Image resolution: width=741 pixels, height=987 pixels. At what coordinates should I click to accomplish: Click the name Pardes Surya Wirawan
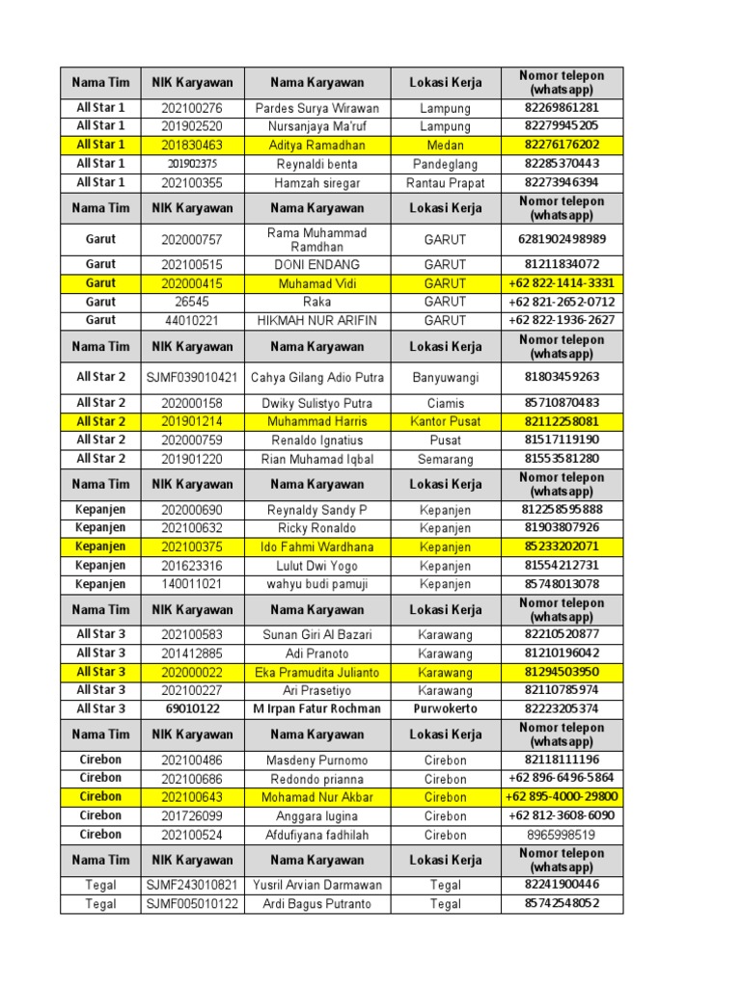317,108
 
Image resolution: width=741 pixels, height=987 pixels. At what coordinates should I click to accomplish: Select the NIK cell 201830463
191,145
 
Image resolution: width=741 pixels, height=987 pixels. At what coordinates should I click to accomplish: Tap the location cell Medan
446,145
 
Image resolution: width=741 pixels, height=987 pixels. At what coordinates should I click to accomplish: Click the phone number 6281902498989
562,239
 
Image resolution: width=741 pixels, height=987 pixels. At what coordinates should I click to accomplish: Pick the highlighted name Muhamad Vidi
317,283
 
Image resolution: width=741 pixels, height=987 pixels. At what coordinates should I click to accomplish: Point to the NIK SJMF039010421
191,378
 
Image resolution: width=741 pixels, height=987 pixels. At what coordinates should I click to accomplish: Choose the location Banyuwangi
446,378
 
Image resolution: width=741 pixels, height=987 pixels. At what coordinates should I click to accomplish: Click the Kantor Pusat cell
446,421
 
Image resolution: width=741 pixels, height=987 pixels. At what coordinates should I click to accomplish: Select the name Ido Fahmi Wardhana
317,547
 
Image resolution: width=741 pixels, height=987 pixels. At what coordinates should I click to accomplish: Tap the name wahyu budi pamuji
317,584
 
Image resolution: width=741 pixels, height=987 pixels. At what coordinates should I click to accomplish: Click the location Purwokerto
446,708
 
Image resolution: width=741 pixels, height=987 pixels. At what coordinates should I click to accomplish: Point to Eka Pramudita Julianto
317,672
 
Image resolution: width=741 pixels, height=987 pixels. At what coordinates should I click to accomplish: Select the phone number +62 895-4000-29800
562,797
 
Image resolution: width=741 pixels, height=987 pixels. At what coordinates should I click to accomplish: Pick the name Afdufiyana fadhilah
317,835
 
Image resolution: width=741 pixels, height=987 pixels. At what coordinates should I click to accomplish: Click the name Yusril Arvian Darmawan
317,885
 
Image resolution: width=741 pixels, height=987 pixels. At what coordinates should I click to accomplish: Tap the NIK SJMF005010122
191,904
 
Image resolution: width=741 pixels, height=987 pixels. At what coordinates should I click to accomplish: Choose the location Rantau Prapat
446,182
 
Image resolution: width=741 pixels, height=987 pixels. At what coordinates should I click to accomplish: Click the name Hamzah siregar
317,182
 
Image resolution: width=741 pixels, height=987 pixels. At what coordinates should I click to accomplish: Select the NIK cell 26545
191,302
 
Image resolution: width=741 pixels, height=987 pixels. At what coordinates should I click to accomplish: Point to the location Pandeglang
446,164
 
